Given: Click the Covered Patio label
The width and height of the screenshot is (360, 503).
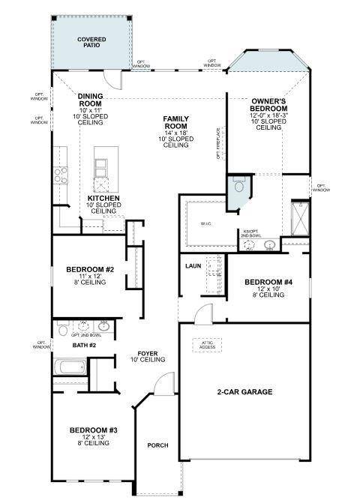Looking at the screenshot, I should pyautogui.click(x=92, y=42).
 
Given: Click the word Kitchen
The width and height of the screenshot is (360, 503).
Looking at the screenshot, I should pyautogui.click(x=103, y=199).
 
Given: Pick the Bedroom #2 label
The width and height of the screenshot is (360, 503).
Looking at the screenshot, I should pyautogui.click(x=89, y=270).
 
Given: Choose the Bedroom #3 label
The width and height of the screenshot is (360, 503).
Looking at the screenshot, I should pyautogui.click(x=94, y=430).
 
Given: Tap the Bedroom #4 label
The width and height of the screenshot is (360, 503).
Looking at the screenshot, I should pyautogui.click(x=268, y=283).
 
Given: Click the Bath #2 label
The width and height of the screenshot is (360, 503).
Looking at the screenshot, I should pyautogui.click(x=84, y=346).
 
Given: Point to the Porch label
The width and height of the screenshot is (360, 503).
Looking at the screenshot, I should pyautogui.click(x=157, y=446).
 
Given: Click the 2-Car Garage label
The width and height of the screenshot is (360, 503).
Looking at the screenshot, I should pyautogui.click(x=244, y=392).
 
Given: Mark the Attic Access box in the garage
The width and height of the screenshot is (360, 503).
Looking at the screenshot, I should pyautogui.click(x=208, y=345).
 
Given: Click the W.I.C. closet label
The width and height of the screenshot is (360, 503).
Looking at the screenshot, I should pyautogui.click(x=207, y=223).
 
